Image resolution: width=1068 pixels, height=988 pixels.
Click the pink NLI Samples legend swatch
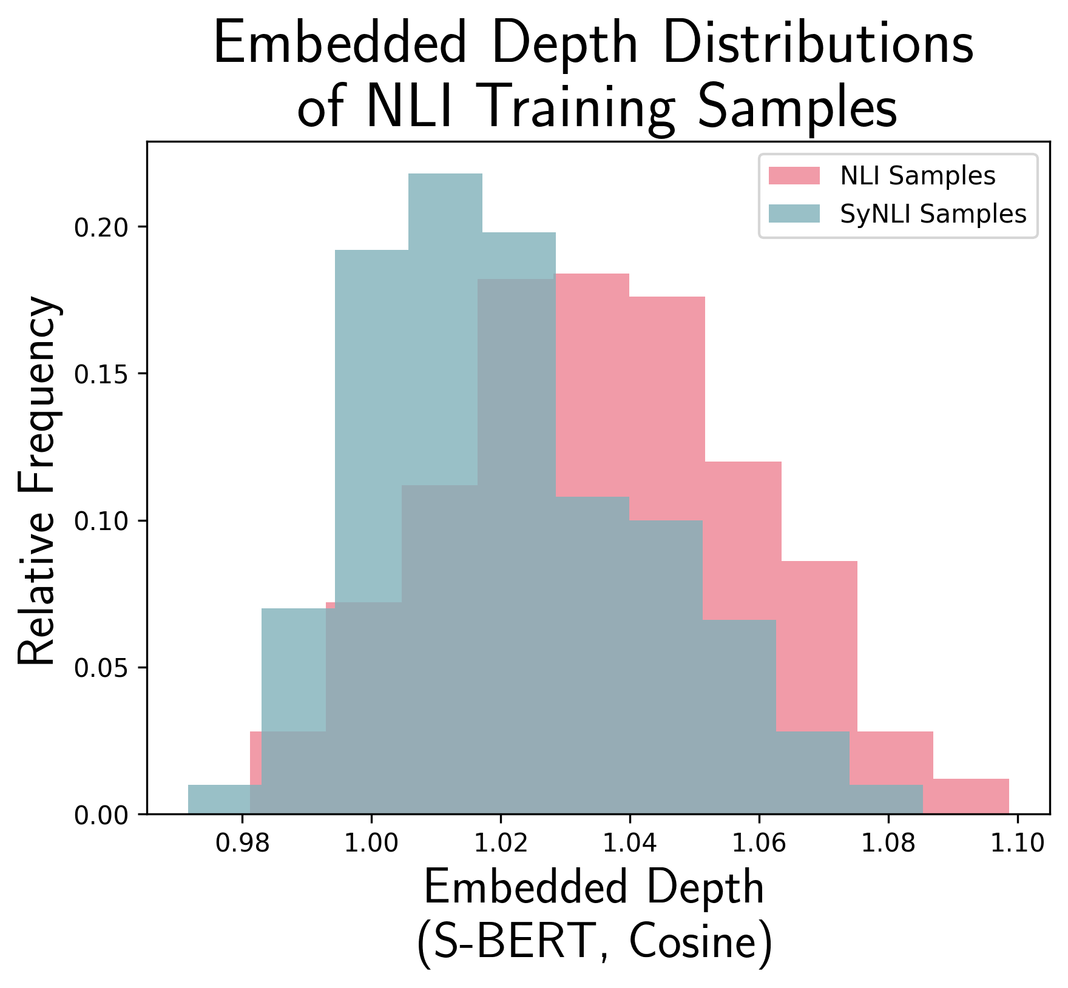[x=794, y=176]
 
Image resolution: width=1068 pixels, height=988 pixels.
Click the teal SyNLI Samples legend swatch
[x=794, y=213]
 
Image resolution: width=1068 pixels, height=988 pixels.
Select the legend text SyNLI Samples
[x=933, y=213]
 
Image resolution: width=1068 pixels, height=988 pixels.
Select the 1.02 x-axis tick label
[x=500, y=844]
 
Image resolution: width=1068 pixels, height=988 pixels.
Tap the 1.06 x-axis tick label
[x=759, y=844]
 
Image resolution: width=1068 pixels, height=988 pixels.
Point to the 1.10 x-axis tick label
[x=1017, y=844]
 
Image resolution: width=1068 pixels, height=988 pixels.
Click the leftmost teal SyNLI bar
[x=218, y=799]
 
